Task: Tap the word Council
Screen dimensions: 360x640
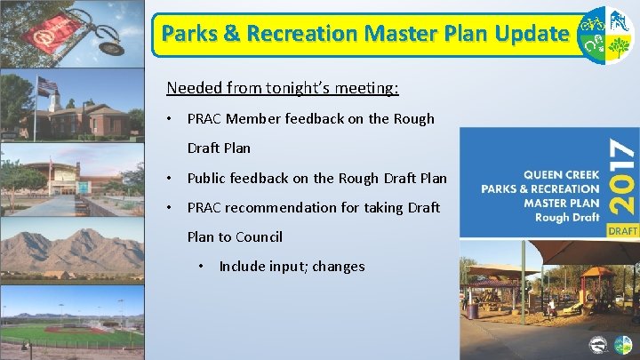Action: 259,236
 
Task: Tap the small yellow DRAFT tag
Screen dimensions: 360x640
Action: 623,229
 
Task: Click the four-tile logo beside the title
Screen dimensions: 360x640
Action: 606,35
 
